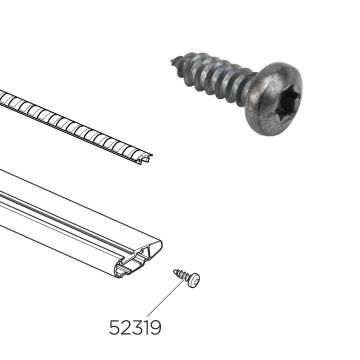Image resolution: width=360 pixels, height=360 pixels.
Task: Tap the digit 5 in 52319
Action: [112, 326]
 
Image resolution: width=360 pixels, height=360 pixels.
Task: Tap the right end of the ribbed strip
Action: [148, 154]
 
